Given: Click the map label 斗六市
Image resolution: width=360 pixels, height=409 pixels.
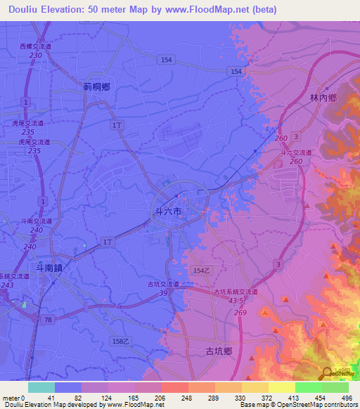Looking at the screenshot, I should coord(167,210).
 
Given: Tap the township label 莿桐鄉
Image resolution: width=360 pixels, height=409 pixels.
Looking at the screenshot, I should coord(96,87).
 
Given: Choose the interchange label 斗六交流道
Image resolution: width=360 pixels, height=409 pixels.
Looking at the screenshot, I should coord(296,152).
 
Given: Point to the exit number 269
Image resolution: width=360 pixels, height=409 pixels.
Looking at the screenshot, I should coord(240,313).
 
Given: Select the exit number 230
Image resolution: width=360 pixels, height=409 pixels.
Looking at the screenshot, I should coord(36,55).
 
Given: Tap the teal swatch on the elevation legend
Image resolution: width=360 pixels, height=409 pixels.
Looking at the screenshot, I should coord(41,387).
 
